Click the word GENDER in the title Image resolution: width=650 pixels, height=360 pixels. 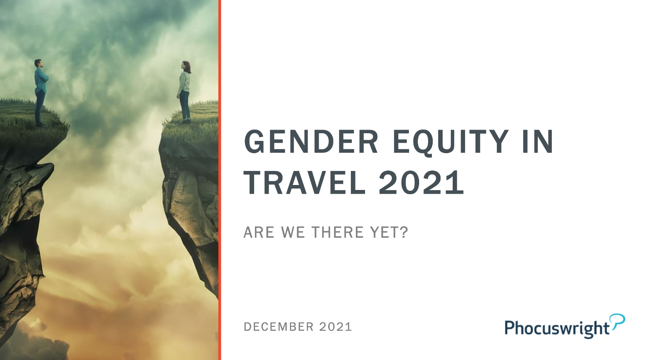311,141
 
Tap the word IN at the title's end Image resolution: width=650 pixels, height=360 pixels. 538,141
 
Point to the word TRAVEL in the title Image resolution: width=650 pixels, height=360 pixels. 304,182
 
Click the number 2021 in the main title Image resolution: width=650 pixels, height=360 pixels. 421,182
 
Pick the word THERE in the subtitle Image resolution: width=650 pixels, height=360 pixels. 337,232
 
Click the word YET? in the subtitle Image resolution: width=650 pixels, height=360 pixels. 389,232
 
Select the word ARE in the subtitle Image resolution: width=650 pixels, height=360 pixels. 259,232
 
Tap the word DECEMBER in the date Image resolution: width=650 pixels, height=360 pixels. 279,327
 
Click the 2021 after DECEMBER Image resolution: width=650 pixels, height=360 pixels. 335,327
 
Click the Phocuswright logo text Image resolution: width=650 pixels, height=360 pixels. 557,328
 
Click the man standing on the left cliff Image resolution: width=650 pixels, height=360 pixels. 41,93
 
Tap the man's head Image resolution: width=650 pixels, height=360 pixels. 38,63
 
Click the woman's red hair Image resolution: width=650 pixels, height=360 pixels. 186,67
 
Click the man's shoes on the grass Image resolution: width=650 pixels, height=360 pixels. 40,125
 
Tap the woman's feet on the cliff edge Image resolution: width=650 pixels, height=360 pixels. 186,121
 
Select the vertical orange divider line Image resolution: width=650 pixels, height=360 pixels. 220,180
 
